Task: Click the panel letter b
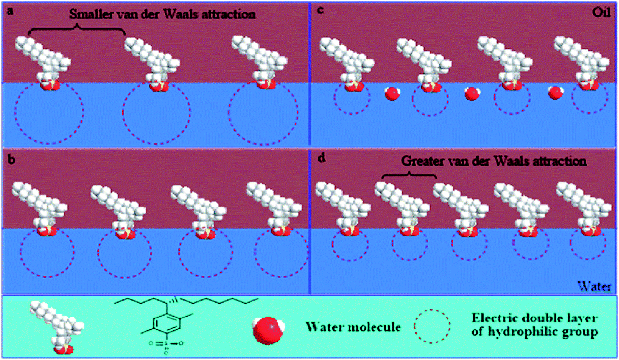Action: (x=11, y=159)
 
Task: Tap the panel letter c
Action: (x=320, y=10)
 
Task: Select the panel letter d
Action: (x=321, y=158)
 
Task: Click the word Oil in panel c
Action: (x=601, y=12)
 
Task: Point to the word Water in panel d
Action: (x=594, y=286)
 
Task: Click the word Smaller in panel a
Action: (x=91, y=14)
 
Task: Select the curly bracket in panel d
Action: (x=410, y=175)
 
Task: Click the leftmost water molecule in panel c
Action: (x=392, y=94)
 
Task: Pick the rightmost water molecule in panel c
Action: (x=555, y=92)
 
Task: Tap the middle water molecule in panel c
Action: (x=472, y=94)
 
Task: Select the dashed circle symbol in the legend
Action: (x=432, y=327)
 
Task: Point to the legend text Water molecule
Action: (x=353, y=327)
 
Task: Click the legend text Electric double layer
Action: (x=535, y=318)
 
